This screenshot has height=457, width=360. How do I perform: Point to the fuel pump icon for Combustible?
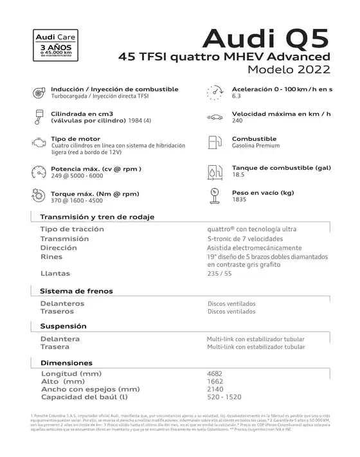coord(215,142)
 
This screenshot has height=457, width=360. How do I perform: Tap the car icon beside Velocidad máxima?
coord(215,117)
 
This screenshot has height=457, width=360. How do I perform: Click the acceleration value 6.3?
coord(237,96)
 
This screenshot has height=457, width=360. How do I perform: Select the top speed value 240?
coord(238,121)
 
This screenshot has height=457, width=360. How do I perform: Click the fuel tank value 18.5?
coord(239,174)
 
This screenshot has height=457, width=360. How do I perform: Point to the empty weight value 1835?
coord(239,200)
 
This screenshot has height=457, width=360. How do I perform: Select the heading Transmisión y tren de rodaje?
coord(97,217)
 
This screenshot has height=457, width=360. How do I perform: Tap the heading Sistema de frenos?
coord(76,291)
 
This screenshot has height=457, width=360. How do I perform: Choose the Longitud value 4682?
coord(215,373)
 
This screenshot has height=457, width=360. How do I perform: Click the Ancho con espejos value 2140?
coord(215,389)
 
